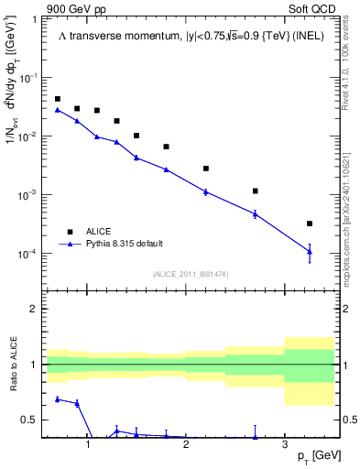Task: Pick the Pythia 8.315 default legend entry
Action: [x=124, y=244]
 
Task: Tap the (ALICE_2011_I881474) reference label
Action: [x=191, y=274]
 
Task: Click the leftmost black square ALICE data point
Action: [x=58, y=99]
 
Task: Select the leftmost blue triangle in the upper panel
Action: [x=58, y=110]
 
